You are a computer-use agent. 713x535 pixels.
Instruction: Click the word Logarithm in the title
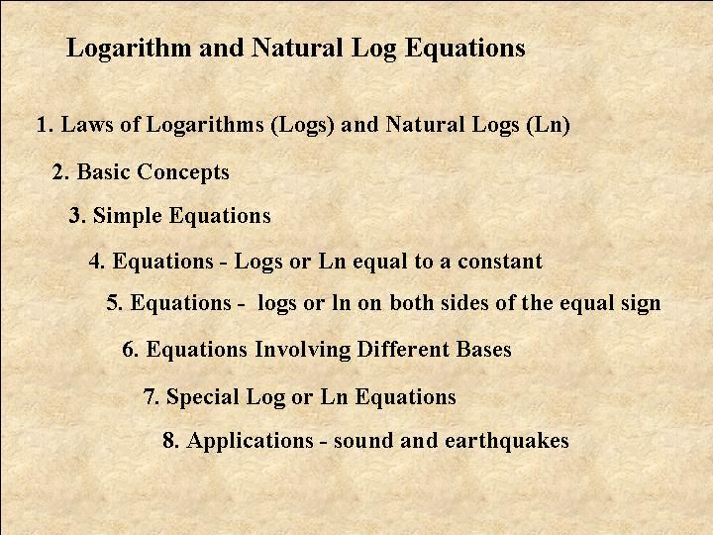click(x=129, y=49)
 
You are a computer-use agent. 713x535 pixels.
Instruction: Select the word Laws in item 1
click(x=87, y=124)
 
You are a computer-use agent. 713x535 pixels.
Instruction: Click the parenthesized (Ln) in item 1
click(x=548, y=125)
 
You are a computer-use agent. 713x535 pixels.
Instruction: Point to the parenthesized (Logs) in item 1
click(x=302, y=125)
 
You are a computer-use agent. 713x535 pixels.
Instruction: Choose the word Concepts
click(x=183, y=172)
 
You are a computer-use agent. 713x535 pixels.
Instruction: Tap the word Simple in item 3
click(x=128, y=216)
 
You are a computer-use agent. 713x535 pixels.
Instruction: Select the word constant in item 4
click(x=500, y=262)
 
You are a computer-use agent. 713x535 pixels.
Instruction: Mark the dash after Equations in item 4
click(x=223, y=264)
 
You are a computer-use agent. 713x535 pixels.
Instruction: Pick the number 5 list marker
click(x=114, y=303)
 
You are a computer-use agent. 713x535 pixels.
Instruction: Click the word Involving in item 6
click(x=302, y=350)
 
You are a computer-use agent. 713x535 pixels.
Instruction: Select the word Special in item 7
click(x=202, y=397)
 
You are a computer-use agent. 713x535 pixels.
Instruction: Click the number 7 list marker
click(x=151, y=396)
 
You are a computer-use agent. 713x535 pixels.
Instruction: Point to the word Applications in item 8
click(x=251, y=441)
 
